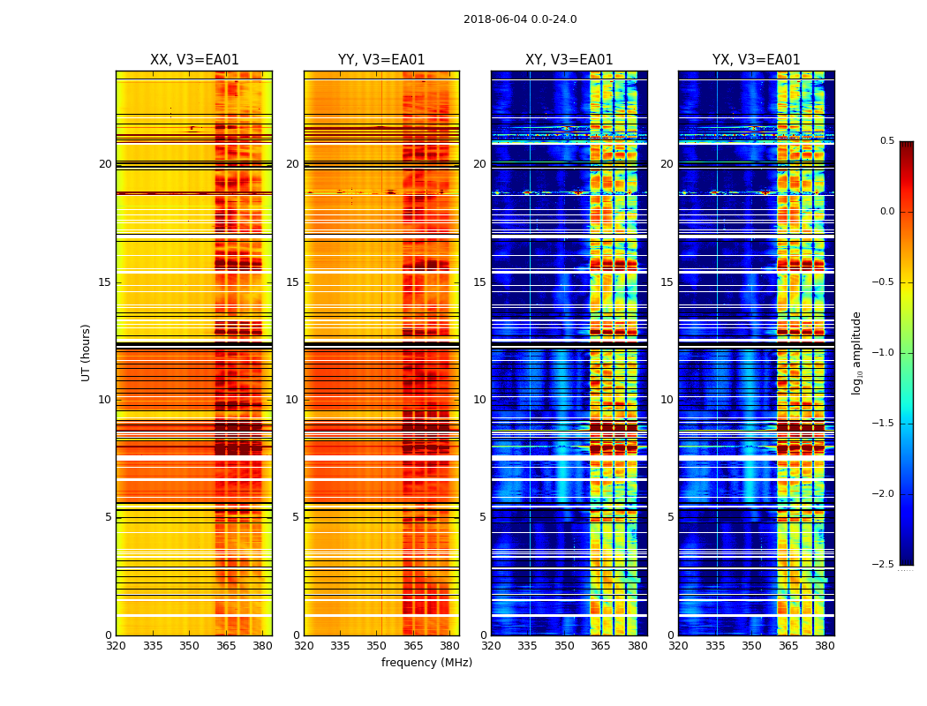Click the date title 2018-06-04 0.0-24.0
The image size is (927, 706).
(x=520, y=19)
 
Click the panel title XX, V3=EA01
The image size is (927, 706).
(x=194, y=60)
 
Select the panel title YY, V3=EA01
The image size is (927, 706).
(x=381, y=60)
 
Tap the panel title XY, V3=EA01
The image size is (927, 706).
(x=569, y=60)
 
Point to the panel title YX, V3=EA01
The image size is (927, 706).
(x=756, y=60)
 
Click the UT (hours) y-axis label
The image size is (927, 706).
(x=87, y=352)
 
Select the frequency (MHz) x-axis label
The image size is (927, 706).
(x=426, y=663)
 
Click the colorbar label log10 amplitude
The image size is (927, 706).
(x=856, y=352)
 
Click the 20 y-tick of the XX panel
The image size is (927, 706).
(x=105, y=164)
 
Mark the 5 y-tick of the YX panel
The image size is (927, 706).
(x=670, y=517)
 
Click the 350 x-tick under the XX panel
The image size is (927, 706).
(x=189, y=645)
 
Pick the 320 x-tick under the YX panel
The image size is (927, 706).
(x=678, y=645)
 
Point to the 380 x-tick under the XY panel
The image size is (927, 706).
(x=637, y=645)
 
